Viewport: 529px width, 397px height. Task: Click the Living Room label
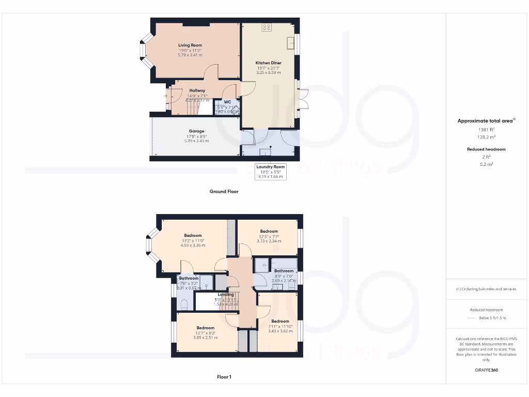coord(190,45)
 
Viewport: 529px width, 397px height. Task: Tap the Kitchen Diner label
coord(269,63)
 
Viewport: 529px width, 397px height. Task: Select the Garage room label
coord(196,131)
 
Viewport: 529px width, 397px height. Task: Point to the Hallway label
coord(197,90)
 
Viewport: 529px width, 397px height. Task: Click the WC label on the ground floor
coord(227,102)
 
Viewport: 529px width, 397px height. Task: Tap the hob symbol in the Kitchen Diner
coord(267,27)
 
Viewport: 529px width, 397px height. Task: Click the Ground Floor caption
coord(224,191)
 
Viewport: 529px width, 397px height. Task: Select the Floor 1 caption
coord(224,377)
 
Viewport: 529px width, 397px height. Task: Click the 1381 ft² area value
coord(484,129)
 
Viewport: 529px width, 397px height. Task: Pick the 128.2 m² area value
coord(484,138)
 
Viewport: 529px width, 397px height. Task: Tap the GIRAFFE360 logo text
coord(486,370)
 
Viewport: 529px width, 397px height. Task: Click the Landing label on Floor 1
coord(226,295)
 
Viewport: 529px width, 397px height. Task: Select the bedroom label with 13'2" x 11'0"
coord(193,236)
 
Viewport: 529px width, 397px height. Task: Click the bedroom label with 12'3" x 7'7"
coord(269,232)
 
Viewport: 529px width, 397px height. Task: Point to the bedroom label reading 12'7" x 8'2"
coord(205,328)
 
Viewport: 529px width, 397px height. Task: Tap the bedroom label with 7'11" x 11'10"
coord(280,321)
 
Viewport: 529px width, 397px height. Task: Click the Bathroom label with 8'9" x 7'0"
coord(284,271)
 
